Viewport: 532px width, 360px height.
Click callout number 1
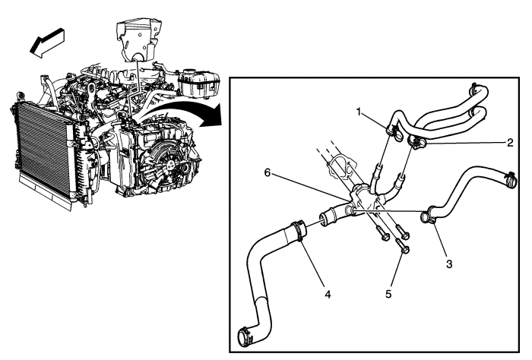(x=359, y=112)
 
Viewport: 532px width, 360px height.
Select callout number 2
(x=510, y=143)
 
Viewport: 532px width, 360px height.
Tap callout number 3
(x=449, y=264)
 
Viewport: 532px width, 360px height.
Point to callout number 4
(x=328, y=294)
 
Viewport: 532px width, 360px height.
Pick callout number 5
(x=388, y=294)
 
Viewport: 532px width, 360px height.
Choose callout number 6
(x=268, y=173)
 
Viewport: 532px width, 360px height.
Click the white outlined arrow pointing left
(x=47, y=43)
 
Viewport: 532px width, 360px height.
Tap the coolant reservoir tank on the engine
(x=199, y=83)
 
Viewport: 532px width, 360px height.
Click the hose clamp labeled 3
(x=428, y=216)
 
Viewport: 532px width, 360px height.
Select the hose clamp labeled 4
(x=299, y=230)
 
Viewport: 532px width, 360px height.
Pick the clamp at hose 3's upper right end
(x=510, y=180)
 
